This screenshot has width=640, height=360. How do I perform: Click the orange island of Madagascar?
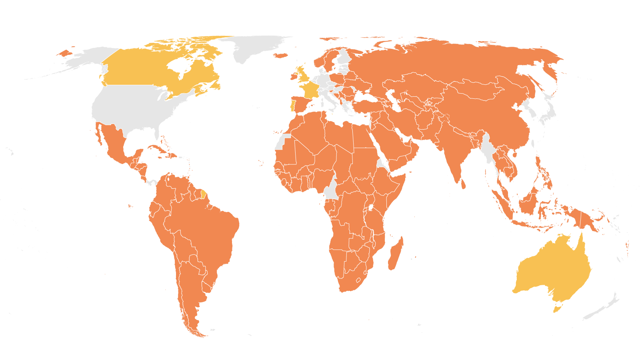396,254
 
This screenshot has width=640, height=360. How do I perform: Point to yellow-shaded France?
310,90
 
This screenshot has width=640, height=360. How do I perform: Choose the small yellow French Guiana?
204,195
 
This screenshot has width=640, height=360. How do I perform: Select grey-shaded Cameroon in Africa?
331,190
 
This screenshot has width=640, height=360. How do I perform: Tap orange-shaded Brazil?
204,232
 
